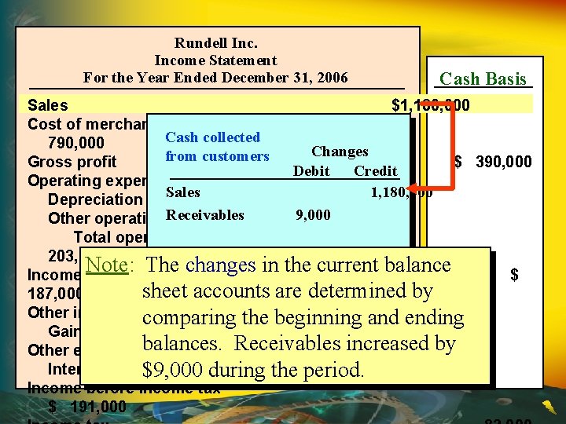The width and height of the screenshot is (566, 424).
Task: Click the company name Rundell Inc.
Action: (215, 43)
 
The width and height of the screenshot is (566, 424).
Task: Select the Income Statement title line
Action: (215, 60)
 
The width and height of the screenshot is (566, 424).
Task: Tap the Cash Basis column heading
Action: (483, 79)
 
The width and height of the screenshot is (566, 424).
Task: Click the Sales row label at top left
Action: (47, 105)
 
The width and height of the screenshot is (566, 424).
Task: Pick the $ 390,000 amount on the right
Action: (493, 162)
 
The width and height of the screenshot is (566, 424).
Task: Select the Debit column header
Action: (311, 171)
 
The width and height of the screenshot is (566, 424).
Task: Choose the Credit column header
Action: (375, 171)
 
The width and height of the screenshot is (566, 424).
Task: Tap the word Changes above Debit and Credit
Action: (340, 152)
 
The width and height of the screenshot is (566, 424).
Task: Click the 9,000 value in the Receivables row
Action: (313, 214)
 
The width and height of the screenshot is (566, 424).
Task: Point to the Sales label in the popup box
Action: (182, 192)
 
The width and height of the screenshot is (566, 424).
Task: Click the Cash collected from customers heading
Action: (216, 147)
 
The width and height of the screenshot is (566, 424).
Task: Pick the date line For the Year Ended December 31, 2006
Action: (215, 78)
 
